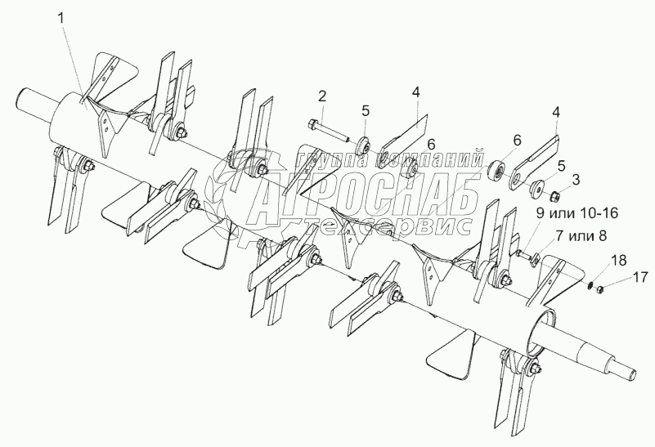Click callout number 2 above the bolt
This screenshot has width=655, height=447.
click(322, 96)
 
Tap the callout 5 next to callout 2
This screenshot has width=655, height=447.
click(366, 110)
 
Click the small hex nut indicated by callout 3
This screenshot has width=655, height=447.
click(555, 196)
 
